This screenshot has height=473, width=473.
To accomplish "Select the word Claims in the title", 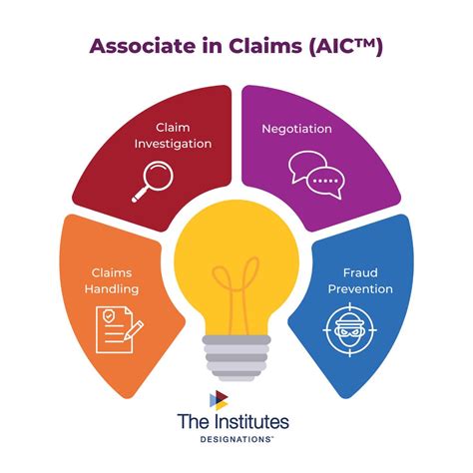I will pos(260,45).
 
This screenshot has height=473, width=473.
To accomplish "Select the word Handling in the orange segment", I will pos(111,289).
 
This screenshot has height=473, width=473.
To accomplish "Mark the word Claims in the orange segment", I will pos(111,272).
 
